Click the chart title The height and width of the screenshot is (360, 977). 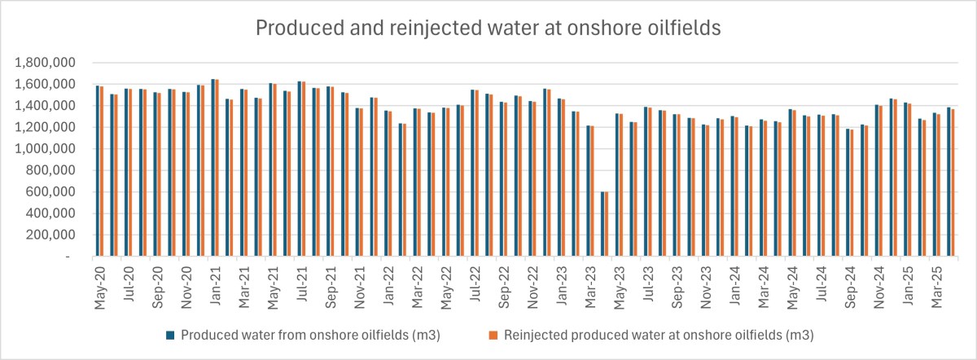click(488, 29)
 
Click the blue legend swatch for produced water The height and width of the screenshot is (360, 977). click(172, 335)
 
